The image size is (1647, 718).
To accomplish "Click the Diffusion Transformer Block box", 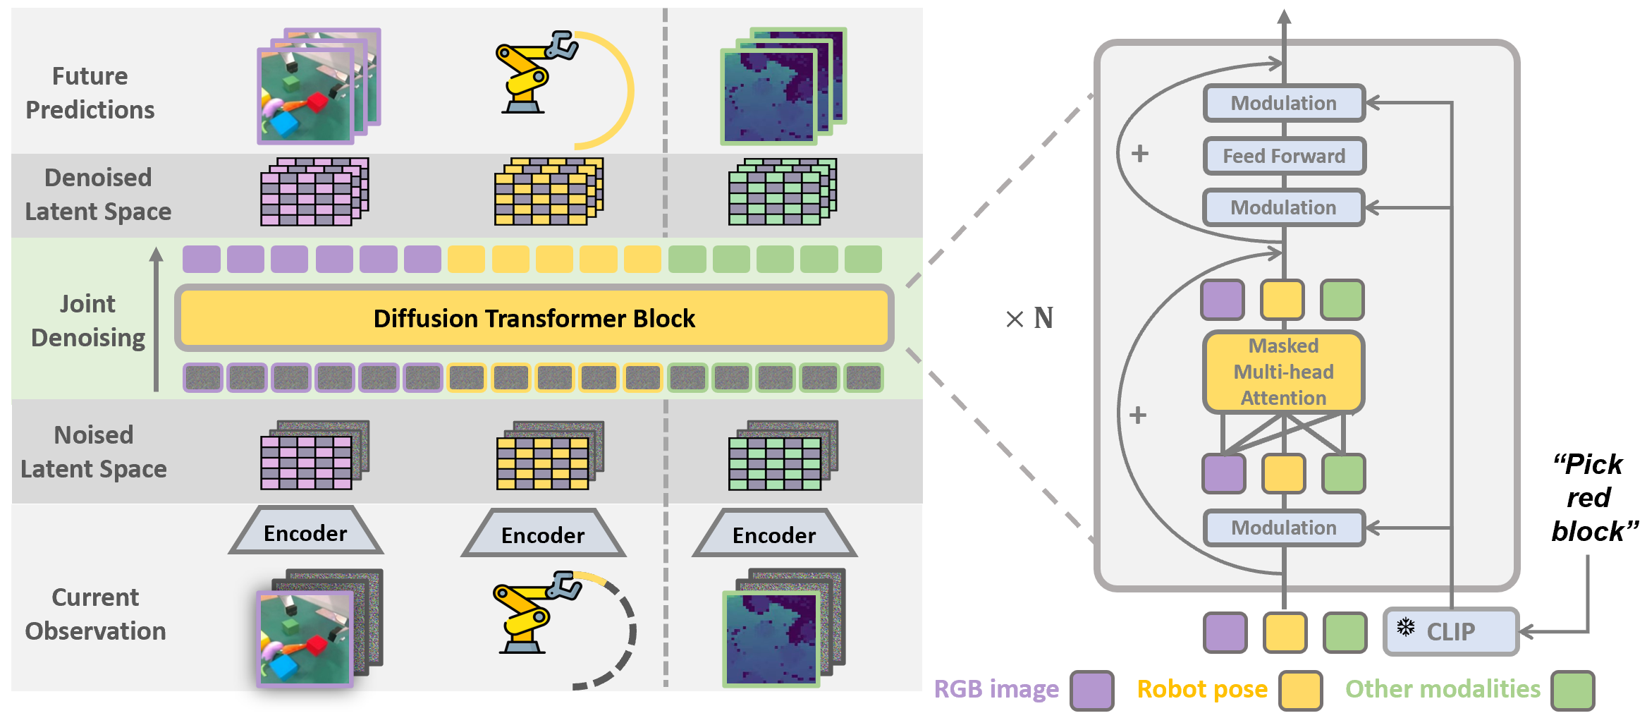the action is click(534, 318).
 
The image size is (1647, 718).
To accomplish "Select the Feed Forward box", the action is click(1284, 156).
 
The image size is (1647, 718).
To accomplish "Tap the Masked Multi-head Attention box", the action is click(1283, 372).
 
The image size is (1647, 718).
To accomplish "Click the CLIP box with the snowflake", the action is click(1451, 631).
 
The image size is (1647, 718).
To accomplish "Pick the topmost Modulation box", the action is click(1284, 103).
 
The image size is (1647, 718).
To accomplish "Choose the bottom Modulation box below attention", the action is click(1284, 528).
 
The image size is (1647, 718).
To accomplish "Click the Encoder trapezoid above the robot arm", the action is click(543, 533).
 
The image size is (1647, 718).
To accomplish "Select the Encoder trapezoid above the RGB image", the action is click(305, 531).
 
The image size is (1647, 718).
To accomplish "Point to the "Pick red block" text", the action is click(1593, 497).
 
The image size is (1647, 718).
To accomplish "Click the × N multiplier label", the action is click(1029, 318).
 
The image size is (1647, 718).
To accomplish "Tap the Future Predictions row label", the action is click(90, 92).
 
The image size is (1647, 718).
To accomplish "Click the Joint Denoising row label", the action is click(88, 321).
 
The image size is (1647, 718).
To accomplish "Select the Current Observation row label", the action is click(95, 614).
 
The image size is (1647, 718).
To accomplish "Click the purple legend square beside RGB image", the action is click(1091, 690).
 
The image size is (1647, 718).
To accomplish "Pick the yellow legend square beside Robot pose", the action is click(1300, 690).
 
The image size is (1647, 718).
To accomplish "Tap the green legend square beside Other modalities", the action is click(1572, 690).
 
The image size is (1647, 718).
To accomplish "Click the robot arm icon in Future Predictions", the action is click(537, 72).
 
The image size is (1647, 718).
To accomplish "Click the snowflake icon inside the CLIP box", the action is click(1406, 626).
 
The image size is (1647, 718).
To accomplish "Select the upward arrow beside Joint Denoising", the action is click(157, 319).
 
